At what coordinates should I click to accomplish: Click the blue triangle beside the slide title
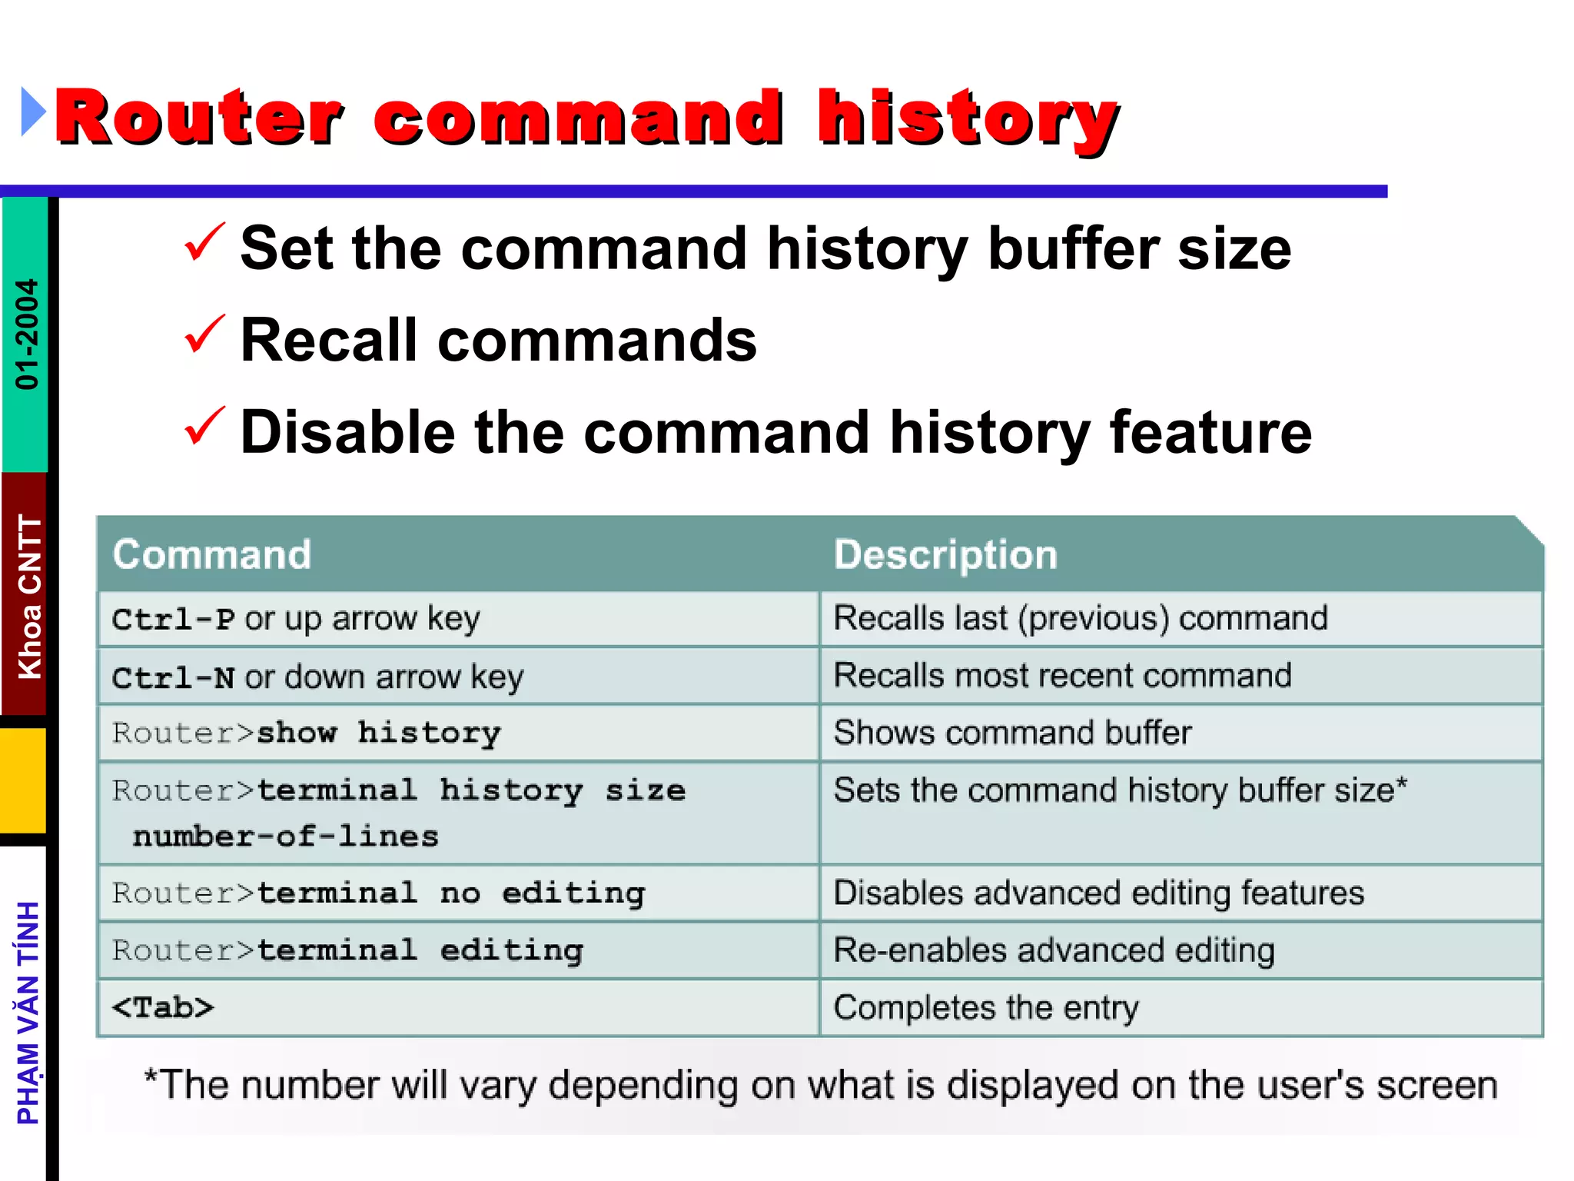(32, 112)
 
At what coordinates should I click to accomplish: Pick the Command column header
(212, 554)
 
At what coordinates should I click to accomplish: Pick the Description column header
(945, 554)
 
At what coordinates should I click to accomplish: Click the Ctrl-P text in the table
(174, 619)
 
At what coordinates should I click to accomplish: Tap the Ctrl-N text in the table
(174, 677)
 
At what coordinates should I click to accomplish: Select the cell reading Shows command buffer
(1012, 733)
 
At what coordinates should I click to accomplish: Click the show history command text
(378, 733)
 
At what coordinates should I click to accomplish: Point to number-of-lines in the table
(285, 837)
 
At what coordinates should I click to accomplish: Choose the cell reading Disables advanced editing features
(1098, 893)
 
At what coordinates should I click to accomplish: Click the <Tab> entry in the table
(163, 1007)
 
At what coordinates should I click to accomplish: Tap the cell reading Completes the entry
(986, 1007)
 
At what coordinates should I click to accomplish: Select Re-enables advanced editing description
(1054, 950)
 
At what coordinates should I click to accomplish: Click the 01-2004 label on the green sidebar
(26, 334)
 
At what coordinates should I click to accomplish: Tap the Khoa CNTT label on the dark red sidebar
(29, 596)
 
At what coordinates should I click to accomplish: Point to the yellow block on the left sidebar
(23, 780)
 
